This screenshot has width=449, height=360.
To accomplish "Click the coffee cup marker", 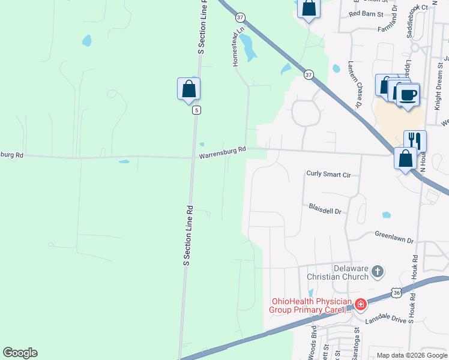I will (408, 95).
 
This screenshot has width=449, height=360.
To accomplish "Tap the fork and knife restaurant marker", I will (415, 140).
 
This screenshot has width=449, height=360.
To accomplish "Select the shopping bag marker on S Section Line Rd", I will (188, 89).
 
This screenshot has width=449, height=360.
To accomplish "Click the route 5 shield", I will (196, 110).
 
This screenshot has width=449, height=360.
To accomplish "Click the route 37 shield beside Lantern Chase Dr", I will (309, 74).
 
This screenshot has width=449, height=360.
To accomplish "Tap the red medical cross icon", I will (360, 305).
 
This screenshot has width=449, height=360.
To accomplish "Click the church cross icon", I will (377, 272).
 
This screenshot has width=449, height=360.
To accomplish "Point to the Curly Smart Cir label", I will (328, 175).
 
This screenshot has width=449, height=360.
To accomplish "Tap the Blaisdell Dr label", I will (325, 211).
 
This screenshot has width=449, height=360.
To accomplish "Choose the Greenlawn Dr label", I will (394, 237).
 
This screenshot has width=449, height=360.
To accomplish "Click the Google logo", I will (20, 353).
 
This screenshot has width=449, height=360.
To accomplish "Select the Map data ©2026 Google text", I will (412, 355).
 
